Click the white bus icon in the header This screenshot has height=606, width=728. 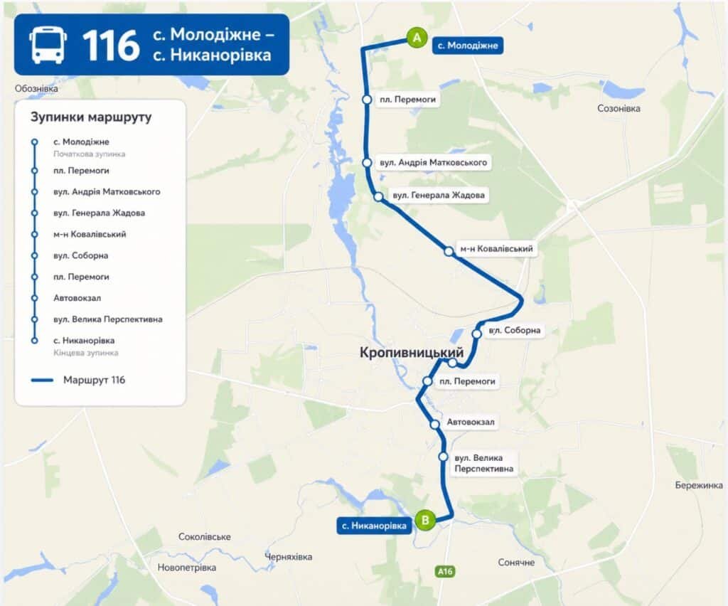point(48,44)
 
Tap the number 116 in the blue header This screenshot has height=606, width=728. point(110,45)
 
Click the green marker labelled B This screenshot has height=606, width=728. point(425,521)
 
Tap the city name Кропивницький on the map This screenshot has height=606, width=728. point(412,353)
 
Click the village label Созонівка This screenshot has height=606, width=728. point(619,109)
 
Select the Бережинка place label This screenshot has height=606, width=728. point(699,485)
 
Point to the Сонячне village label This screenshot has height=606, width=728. point(516,563)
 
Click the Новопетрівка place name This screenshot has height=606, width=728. point(187,568)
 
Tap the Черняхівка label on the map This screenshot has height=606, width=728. point(288,557)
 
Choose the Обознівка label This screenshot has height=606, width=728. point(36,89)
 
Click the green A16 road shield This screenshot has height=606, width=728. point(445,571)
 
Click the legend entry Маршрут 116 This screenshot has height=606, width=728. point(94,380)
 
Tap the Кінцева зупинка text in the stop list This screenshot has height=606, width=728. point(85,353)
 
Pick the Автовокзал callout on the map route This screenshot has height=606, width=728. point(470,422)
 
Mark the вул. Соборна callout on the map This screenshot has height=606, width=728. point(515,330)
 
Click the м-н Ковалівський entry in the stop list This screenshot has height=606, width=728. point(90,234)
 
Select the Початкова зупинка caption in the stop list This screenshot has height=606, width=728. point(89,154)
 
